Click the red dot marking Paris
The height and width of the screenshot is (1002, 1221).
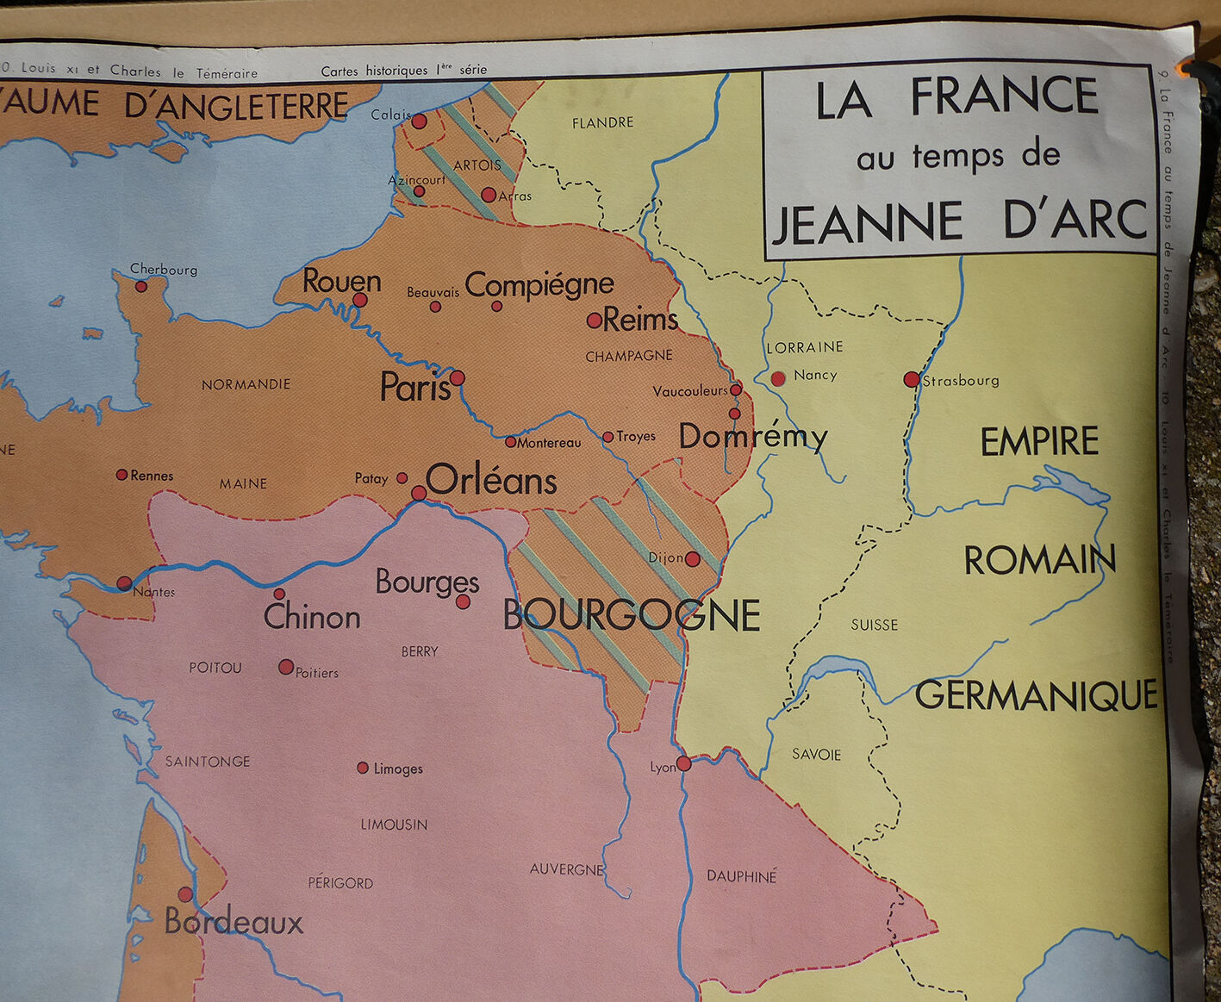pos(458,378)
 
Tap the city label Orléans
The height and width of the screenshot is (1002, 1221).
pos(491,480)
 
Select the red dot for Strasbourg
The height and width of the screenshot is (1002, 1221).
pos(912,379)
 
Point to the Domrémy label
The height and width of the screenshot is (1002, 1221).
pos(752,437)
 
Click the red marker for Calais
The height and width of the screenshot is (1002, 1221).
pos(419,121)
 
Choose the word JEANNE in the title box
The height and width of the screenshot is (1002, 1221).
pos(867,221)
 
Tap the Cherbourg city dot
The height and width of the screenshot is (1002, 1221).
pos(141,286)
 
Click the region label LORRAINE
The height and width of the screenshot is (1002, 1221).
pos(805,347)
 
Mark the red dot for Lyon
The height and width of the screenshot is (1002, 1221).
pos(684,763)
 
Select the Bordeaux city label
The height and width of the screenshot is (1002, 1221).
pos(234,923)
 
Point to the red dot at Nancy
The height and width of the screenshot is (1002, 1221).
pos(778,378)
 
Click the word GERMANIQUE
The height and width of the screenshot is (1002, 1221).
pos(1037,695)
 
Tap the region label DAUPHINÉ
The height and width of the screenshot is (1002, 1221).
pos(742,876)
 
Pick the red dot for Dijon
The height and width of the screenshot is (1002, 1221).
pos(693,559)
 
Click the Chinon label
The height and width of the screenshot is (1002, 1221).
pos(312,617)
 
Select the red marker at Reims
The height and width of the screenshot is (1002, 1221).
pos(595,321)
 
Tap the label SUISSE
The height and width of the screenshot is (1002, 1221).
pos(874,625)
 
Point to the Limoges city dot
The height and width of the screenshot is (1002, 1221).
pos(363,768)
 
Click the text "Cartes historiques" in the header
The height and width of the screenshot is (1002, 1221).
pos(375,71)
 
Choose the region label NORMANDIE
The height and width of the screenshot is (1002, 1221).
pos(246,384)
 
